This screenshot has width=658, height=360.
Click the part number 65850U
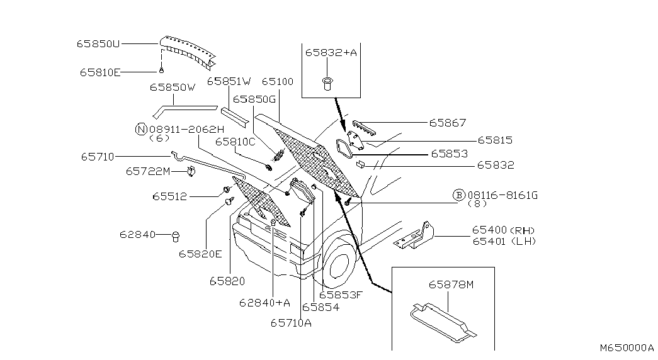click(98, 43)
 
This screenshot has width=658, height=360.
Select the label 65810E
click(100, 72)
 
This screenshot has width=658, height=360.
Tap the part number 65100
click(278, 81)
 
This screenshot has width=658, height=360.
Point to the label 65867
click(447, 123)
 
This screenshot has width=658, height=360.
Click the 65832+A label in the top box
click(331, 52)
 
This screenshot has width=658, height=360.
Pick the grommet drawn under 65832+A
click(327, 83)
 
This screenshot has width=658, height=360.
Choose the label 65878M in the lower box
click(451, 284)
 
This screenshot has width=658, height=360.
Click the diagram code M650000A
click(627, 347)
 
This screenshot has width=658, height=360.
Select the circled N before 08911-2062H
click(141, 129)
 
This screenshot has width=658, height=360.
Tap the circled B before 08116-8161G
click(459, 194)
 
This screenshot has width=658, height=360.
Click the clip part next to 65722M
click(192, 171)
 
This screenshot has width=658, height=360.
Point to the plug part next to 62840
click(176, 236)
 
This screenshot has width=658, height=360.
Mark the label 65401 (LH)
click(504, 241)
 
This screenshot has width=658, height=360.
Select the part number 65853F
click(340, 295)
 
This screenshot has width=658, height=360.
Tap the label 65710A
click(291, 323)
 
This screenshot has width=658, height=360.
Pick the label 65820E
click(200, 254)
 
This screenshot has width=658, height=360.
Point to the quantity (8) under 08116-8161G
click(477, 203)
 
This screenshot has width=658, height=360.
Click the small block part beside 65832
click(360, 164)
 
